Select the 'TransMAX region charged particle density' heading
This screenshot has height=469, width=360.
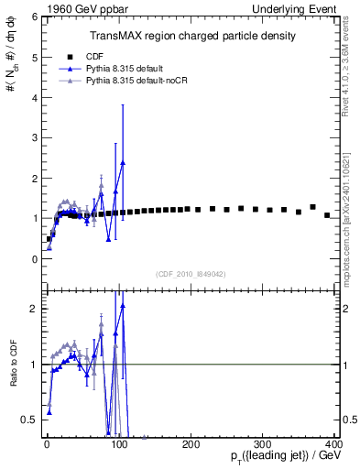(x=191, y=36)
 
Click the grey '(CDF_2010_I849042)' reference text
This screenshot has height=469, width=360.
(x=191, y=274)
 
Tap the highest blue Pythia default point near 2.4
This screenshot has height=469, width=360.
(x=123, y=162)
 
